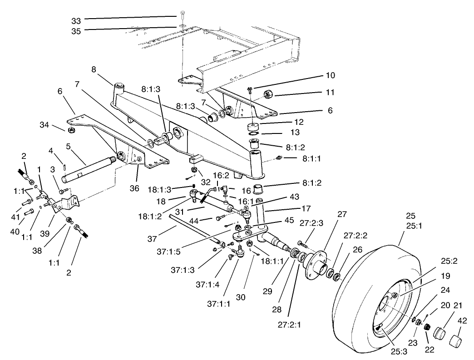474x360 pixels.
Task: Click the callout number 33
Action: tap(76, 20)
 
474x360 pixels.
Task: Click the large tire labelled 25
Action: tap(363, 281)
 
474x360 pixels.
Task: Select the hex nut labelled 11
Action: tap(268, 94)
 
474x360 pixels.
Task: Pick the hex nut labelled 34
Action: tap(71, 131)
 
